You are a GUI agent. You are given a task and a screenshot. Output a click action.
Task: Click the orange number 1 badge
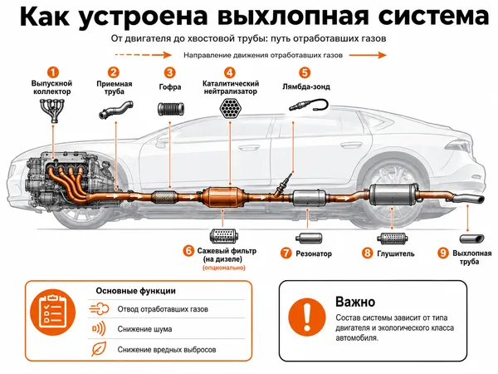53,72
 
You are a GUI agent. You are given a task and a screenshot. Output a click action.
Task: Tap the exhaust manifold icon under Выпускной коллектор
53,111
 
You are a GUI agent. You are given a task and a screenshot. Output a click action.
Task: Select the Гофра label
170,86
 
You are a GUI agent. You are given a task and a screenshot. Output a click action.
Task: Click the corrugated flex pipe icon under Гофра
171,109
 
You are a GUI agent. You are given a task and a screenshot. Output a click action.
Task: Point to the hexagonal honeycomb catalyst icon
231,108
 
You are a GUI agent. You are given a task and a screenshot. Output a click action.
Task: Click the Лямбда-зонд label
305,86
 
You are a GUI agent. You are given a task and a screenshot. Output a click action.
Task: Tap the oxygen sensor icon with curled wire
309,106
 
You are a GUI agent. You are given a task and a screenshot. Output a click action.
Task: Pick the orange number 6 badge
188,251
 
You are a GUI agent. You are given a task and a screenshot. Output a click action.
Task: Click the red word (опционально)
224,268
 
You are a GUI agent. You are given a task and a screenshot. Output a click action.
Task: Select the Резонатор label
314,253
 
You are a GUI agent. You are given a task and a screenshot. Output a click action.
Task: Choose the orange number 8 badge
368,253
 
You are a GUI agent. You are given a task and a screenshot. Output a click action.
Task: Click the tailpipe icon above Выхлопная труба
472,239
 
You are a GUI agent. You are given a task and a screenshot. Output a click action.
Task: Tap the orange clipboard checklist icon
53,312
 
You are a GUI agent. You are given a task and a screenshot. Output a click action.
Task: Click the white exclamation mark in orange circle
307,317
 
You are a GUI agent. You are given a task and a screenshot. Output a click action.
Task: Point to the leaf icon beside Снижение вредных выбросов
99,348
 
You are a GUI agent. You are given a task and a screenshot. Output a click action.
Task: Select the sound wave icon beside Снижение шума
99,328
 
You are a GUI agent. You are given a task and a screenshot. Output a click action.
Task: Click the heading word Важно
355,302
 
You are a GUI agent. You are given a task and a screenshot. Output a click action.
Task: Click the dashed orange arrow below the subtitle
143,55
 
